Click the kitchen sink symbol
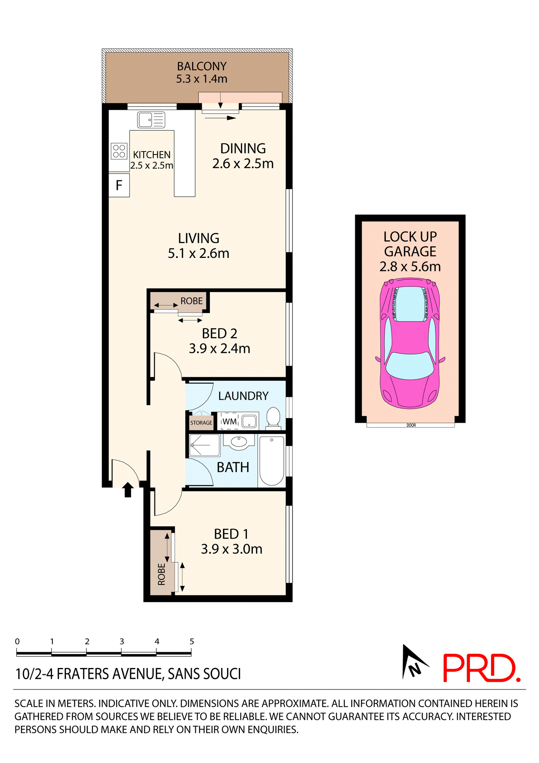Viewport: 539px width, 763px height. coord(151,120)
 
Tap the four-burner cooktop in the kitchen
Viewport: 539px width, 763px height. coord(119,151)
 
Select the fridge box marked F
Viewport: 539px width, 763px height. coord(119,185)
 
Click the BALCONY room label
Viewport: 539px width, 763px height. coord(202,66)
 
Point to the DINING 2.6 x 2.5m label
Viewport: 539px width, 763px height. coord(243,156)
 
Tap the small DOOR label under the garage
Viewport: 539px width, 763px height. coord(411,425)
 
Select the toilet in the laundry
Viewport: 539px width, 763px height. coord(273,418)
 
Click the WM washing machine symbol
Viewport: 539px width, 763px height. coord(229,421)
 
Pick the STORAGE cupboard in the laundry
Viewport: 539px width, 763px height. coord(201,422)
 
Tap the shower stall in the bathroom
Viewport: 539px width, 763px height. coord(204,445)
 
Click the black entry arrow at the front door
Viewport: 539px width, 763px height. coord(127,490)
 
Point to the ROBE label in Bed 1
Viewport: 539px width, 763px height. coord(162,574)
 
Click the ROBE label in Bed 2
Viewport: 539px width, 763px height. coord(191,301)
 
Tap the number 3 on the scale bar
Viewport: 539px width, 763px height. coord(122,642)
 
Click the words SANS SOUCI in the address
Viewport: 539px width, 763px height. coord(204,674)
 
